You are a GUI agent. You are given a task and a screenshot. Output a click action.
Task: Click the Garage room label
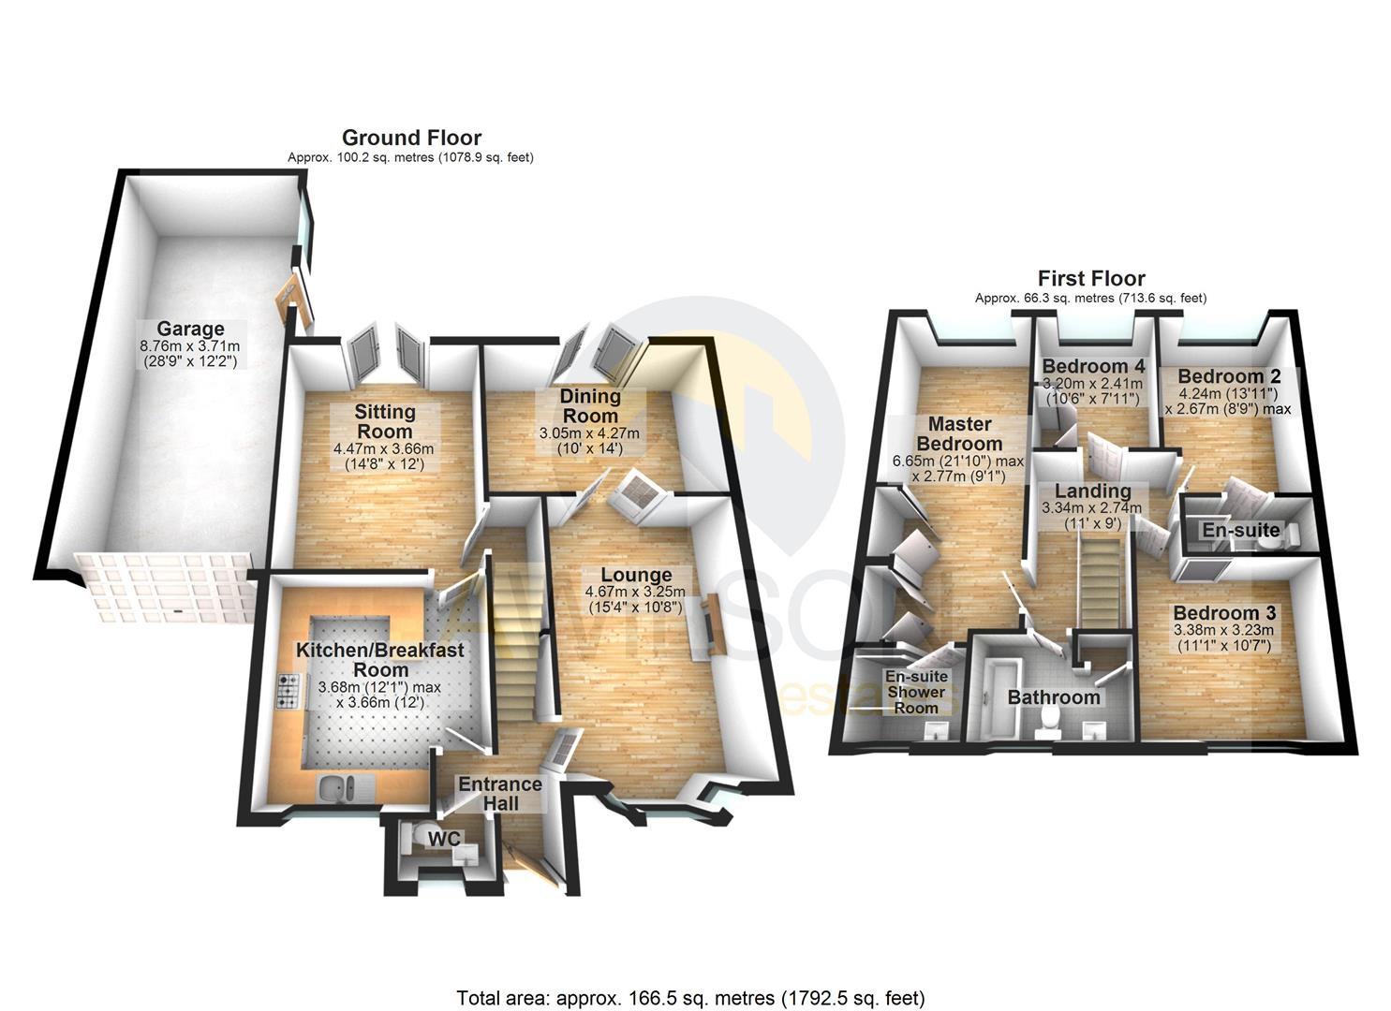(190, 329)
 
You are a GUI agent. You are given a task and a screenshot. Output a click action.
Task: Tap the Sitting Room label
(385, 421)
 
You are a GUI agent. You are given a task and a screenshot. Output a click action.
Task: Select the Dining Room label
(589, 406)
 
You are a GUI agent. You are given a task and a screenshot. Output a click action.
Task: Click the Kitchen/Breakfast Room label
(380, 659)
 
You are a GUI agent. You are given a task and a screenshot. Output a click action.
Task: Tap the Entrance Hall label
(499, 793)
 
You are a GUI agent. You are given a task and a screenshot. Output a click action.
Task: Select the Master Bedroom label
(959, 433)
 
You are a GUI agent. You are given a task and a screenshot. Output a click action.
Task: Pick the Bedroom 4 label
(1093, 365)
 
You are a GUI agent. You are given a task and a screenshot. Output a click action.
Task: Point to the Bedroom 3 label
(1224, 613)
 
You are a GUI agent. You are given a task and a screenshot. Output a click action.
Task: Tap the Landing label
(1092, 491)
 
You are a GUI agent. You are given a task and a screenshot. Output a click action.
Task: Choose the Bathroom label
(1053, 697)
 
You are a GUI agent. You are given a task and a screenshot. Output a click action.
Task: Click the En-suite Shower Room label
(916, 692)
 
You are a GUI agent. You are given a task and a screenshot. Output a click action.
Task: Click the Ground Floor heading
(411, 139)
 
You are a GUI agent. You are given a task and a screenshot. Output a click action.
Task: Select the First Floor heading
(1090, 278)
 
